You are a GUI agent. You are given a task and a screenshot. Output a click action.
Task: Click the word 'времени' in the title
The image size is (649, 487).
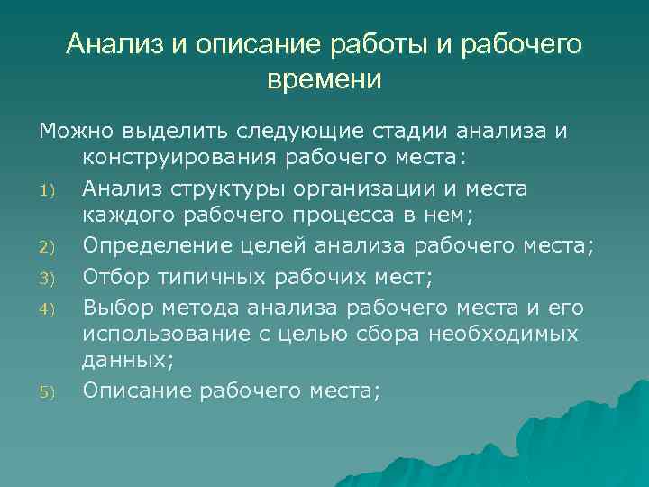pos(324,79)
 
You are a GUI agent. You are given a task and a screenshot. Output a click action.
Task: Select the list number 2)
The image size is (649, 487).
pos(48,247)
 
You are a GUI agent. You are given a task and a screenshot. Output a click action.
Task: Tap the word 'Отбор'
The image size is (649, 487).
pos(114,276)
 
